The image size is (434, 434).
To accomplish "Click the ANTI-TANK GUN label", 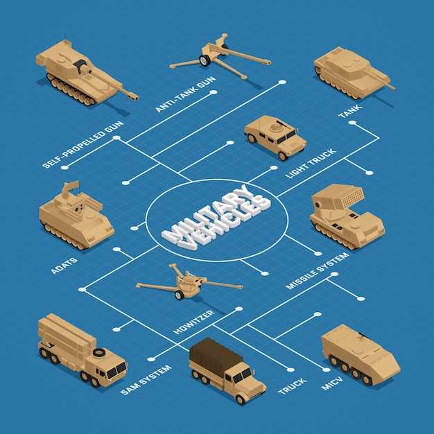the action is (185, 94).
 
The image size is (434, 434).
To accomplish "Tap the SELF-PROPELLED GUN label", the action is (83, 144).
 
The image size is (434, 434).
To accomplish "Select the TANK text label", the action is (350, 111).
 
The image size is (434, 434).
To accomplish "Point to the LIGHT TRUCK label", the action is (311, 164).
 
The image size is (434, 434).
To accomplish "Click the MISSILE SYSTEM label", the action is (318, 271).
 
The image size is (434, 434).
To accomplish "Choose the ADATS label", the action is (64, 266).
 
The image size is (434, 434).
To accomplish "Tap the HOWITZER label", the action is (193, 322).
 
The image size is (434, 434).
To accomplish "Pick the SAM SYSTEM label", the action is (146, 380).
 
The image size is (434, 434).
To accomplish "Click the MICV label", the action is (332, 383).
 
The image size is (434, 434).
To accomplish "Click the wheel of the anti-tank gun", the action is (205, 60).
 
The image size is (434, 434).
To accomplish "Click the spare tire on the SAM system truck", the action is (99, 352).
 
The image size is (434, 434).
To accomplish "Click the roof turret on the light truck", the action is (275, 127).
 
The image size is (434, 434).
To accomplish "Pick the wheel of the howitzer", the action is (179, 295).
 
